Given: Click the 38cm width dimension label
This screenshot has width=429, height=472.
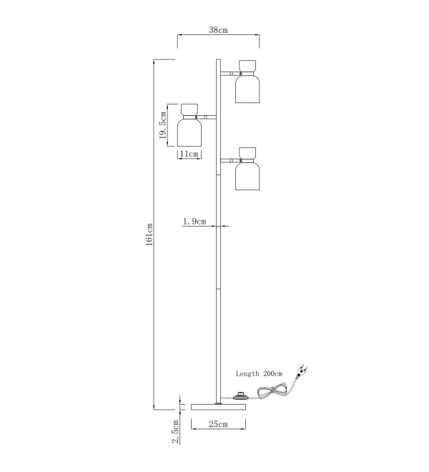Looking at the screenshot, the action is [218, 30].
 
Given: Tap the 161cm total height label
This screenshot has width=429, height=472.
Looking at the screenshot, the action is [149, 235].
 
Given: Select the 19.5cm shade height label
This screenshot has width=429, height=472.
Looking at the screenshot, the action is [163, 125].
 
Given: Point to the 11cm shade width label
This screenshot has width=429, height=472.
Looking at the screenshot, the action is [189, 154].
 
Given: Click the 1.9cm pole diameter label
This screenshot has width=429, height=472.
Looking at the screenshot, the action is [194, 222].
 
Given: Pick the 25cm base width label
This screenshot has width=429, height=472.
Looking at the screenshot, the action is [218, 424].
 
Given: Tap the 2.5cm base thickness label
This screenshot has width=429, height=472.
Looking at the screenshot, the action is [175, 432].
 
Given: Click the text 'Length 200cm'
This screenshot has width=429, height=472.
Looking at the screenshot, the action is [260, 373].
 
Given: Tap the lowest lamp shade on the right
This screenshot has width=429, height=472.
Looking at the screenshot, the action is [247, 177].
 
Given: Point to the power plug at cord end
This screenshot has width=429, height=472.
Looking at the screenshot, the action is [302, 370].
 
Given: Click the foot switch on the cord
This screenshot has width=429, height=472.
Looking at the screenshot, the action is [240, 396].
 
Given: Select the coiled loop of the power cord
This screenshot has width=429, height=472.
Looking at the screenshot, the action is [272, 391].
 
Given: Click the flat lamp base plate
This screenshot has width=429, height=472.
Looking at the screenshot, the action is [219, 407].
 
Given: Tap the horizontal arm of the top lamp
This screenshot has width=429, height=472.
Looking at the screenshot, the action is [231, 73].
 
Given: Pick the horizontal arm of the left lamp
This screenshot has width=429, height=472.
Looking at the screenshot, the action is [206, 117].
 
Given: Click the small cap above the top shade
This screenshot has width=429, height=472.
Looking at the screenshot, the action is [247, 66].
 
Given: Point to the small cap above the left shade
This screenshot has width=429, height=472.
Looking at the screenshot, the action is [189, 109].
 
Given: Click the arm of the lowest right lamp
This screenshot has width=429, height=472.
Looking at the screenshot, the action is [231, 160].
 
